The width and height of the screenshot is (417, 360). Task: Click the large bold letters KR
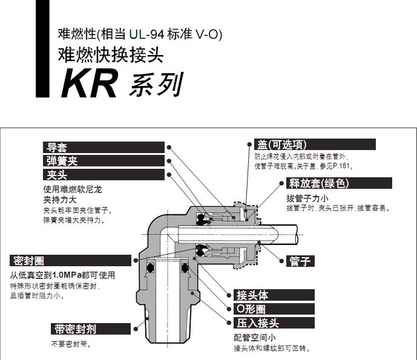89,84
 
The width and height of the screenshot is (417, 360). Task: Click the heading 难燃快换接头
111,55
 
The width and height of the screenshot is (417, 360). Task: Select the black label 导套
59,147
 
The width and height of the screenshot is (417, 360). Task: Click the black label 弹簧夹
63,161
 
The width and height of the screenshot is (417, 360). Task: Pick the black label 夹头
59,175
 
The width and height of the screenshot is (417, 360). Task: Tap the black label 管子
301,261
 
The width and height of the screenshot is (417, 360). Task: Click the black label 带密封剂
75,329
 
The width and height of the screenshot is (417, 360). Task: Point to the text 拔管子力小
307,198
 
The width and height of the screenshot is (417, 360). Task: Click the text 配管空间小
255,338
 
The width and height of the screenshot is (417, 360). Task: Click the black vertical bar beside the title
40,48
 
